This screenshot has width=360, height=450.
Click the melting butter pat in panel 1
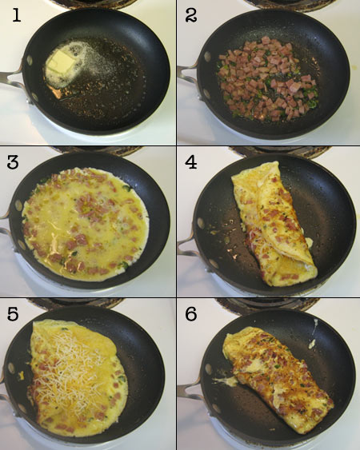62,65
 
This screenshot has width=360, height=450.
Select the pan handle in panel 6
187,392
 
